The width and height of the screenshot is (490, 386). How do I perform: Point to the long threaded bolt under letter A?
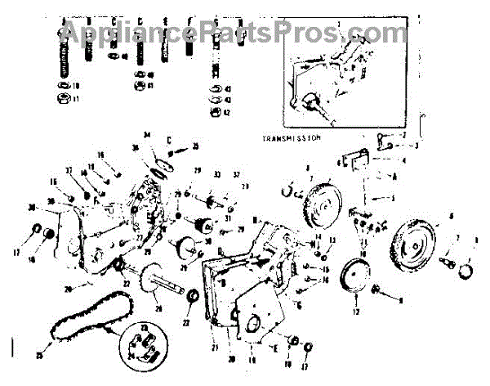click(64, 57)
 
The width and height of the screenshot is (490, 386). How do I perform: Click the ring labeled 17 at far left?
click(38, 230)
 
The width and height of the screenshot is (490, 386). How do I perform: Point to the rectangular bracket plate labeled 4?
click(352, 162)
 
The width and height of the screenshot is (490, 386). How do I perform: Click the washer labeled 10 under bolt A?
click(63, 86)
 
